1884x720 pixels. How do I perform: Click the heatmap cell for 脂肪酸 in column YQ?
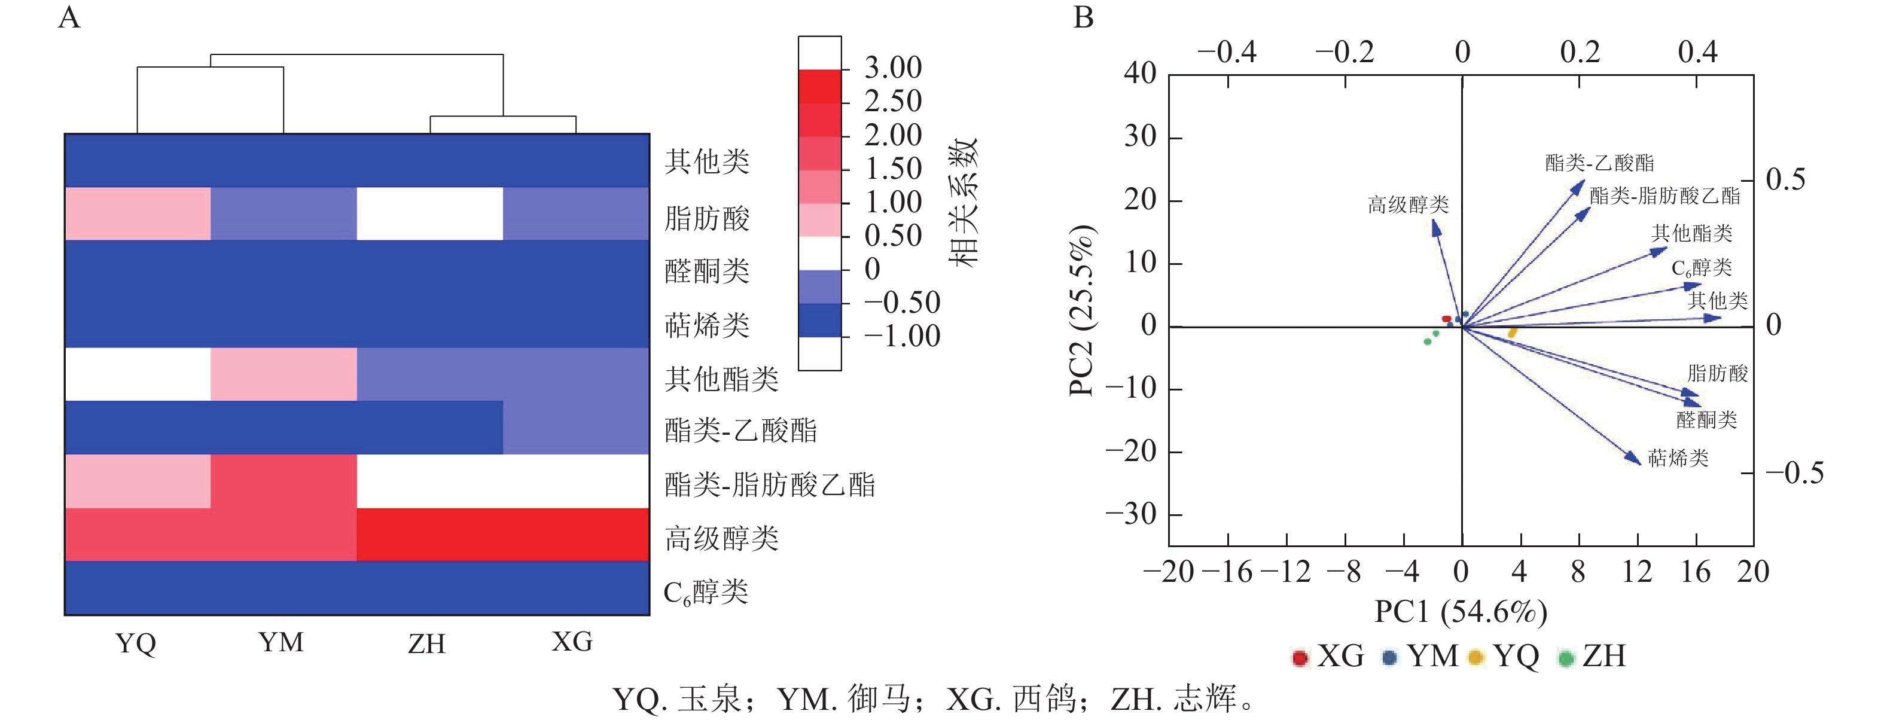pos(138,213)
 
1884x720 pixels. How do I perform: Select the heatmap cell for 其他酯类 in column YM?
pos(283,374)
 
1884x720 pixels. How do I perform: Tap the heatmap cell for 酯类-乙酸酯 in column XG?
pos(577,427)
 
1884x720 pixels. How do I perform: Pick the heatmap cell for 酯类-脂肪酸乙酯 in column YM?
pos(283,481)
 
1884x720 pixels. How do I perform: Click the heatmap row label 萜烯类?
pos(706,325)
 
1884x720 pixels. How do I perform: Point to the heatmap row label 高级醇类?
pos(721,538)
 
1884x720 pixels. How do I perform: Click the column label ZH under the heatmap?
pos(426,643)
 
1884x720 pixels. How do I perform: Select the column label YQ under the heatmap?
pos(136,643)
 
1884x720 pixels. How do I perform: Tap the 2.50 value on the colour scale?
pos(892,101)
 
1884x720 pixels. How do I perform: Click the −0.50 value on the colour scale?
pos(902,302)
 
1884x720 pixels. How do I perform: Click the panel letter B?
pos(1083,17)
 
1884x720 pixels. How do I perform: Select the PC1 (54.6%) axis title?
pos(1461,611)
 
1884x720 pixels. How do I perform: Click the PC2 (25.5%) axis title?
pos(1081,310)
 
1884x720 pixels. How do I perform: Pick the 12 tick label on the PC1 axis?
pos(1637,572)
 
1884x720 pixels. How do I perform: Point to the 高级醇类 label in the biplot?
pos(1408,205)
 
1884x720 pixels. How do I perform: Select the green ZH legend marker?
pos(1566,657)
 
